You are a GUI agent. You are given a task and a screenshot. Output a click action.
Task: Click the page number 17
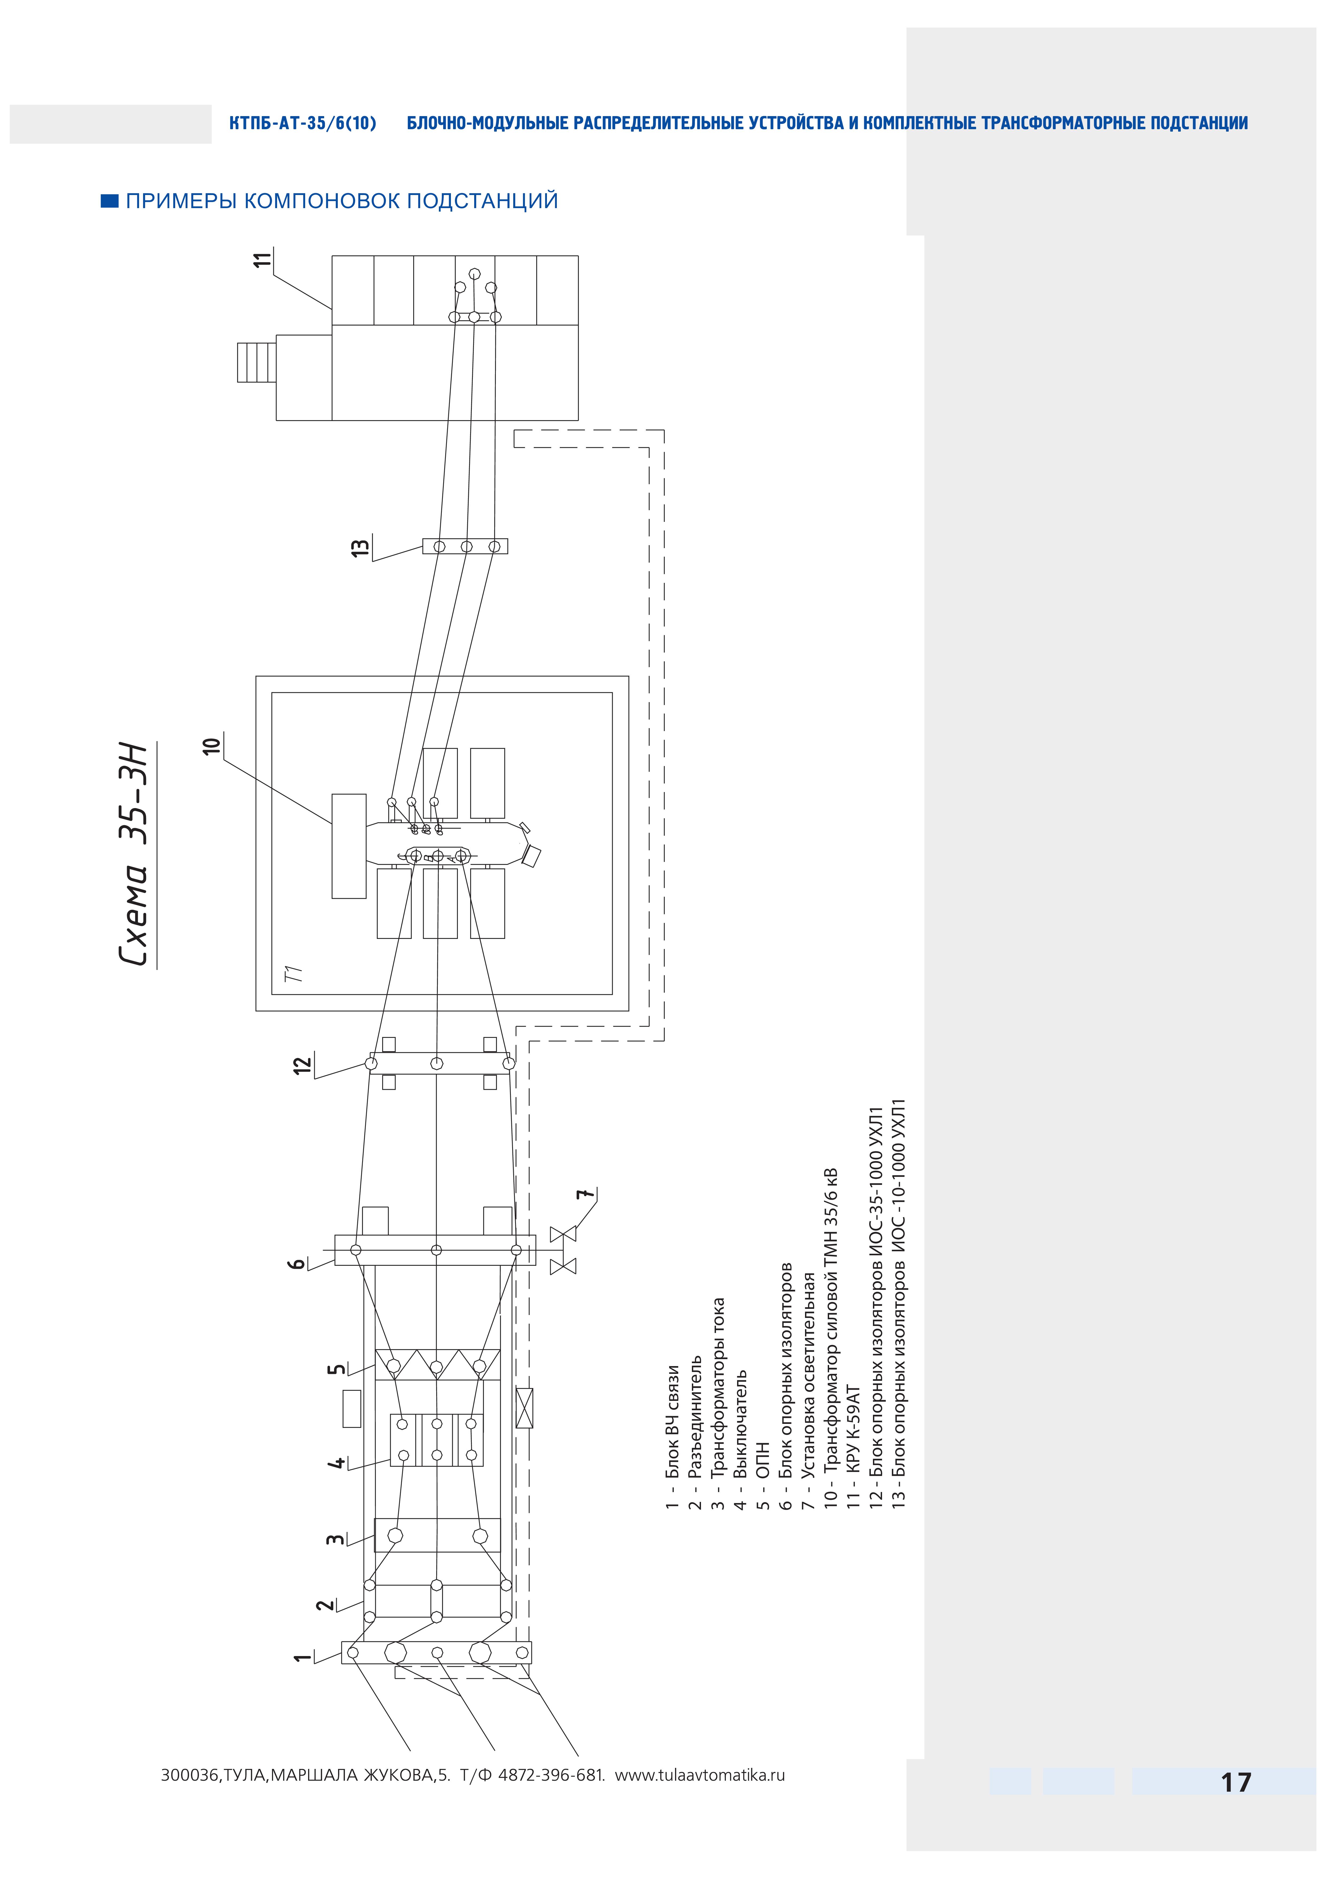click(1235, 1782)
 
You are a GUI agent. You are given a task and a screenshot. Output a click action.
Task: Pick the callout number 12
click(303, 1065)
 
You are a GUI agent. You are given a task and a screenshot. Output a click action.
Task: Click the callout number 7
click(583, 1194)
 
